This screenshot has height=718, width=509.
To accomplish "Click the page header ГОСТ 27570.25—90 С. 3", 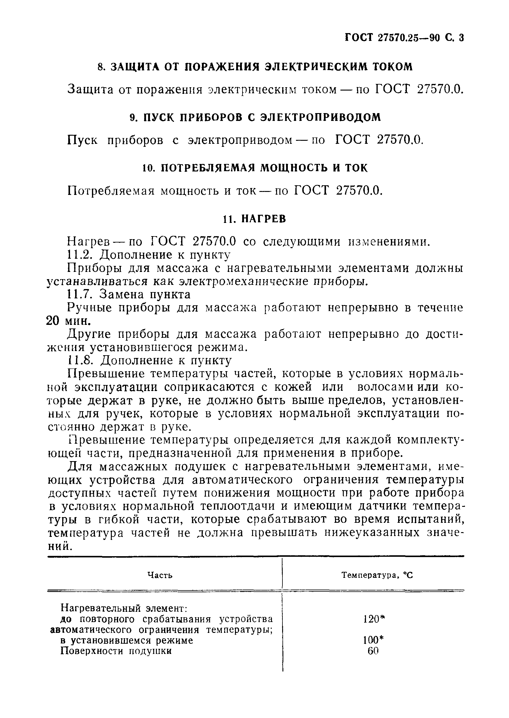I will (x=404, y=38).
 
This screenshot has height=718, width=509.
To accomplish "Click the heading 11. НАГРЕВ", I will (x=254, y=219).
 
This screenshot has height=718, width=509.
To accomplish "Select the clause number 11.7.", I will (x=80, y=294).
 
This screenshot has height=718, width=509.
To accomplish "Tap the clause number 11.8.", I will (x=80, y=360).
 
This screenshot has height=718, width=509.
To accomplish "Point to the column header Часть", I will (x=160, y=575).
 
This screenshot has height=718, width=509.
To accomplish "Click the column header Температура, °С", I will (x=377, y=575).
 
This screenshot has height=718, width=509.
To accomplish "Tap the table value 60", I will (x=373, y=651).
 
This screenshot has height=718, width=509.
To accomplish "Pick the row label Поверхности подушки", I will (x=116, y=651).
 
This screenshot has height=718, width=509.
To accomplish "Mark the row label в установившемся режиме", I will (x=126, y=640).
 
